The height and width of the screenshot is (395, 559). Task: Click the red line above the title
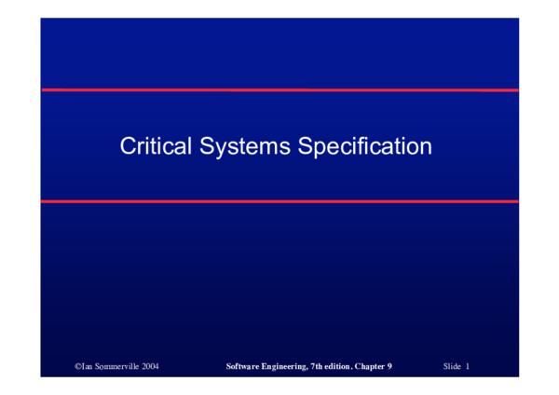tap(279, 90)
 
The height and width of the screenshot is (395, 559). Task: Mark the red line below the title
tap(279, 201)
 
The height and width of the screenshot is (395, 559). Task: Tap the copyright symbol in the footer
tap(77, 368)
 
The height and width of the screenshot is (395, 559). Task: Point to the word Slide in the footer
tap(453, 368)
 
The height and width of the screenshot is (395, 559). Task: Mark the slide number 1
tap(468, 368)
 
